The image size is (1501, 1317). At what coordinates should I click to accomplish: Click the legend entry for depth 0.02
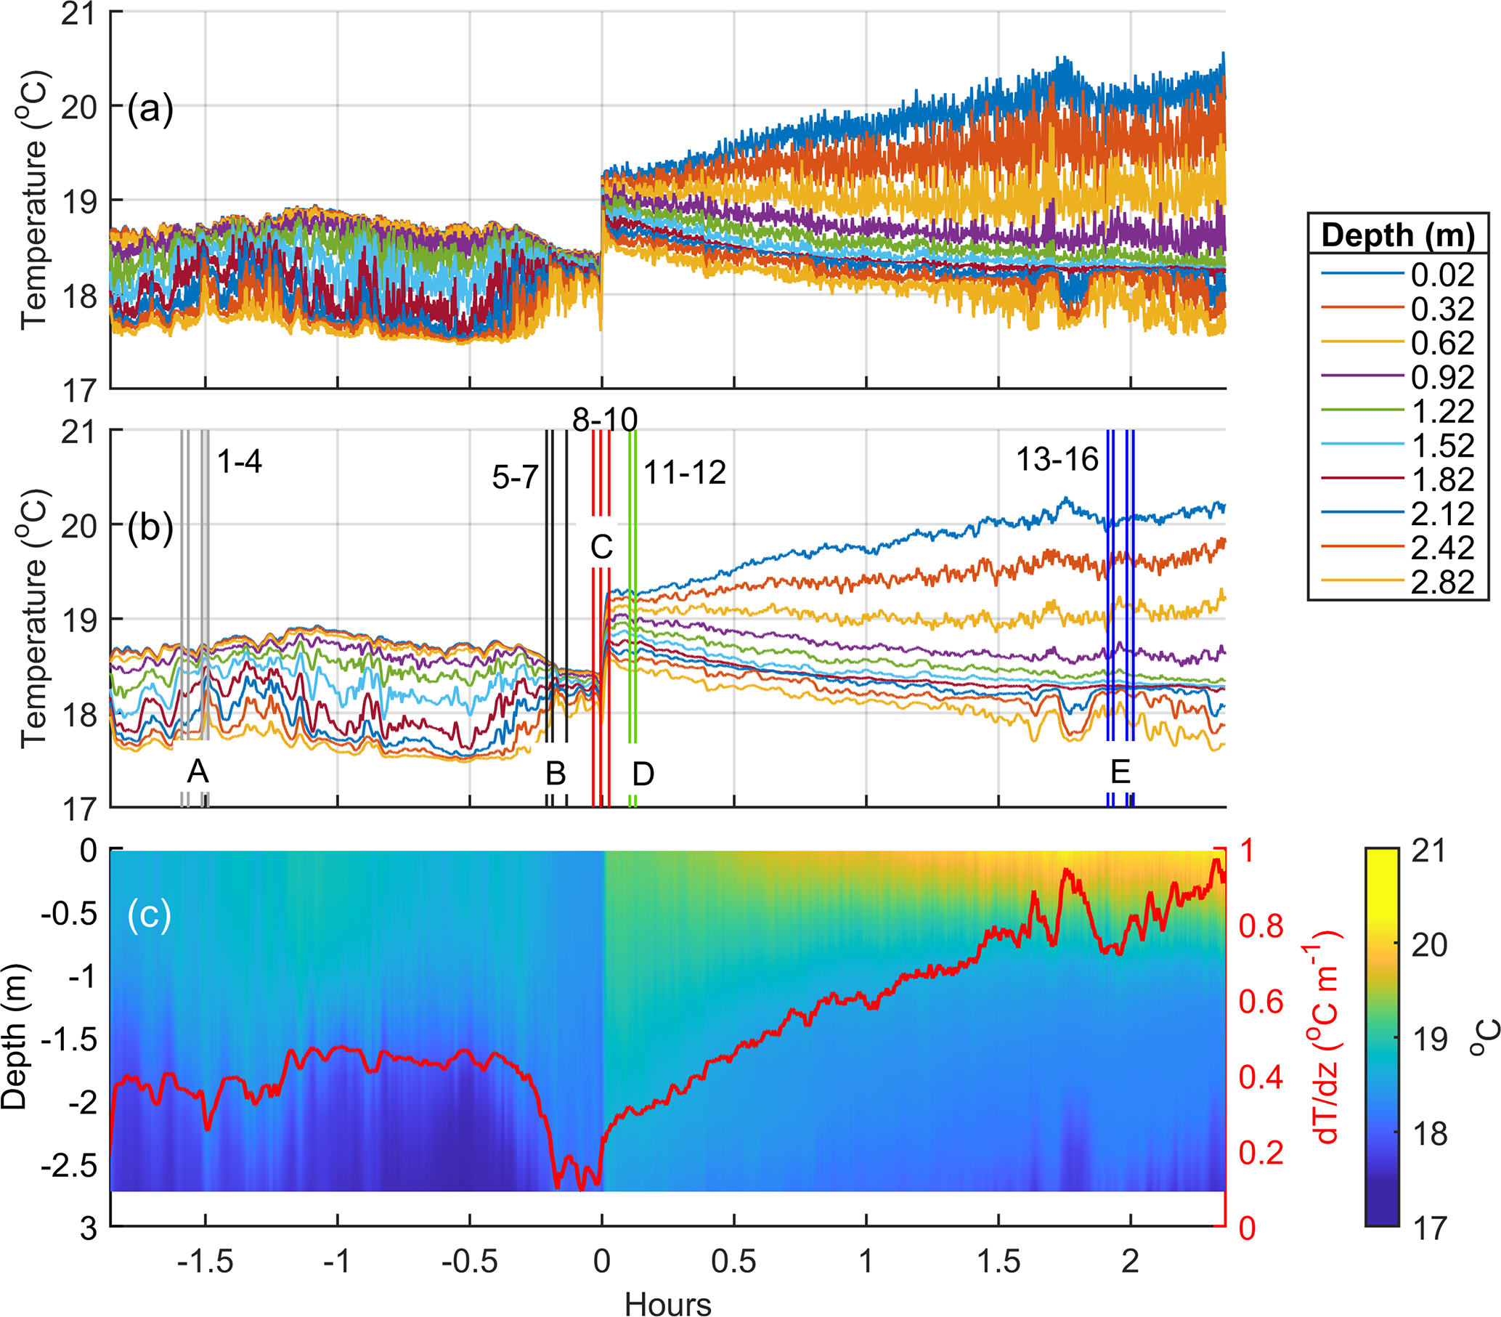click(1441, 274)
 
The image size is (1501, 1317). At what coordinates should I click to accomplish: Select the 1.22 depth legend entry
click(1441, 410)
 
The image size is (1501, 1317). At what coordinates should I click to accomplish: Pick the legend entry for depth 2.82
click(1441, 582)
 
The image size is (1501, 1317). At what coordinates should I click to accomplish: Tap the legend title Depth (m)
click(1397, 235)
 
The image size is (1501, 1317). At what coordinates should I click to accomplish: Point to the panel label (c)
click(149, 914)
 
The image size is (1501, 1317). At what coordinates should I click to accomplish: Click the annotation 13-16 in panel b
click(1057, 460)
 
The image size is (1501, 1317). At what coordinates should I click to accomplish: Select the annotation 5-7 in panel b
click(515, 478)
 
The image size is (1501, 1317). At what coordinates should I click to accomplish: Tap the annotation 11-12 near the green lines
click(684, 473)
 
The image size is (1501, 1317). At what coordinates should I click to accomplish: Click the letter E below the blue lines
click(1120, 772)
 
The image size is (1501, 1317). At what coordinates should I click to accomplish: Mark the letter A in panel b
click(198, 771)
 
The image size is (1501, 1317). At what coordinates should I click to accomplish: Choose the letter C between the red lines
click(601, 547)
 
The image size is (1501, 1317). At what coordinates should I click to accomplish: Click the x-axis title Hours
click(667, 1305)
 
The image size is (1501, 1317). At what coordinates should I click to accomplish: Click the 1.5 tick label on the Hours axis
click(998, 1261)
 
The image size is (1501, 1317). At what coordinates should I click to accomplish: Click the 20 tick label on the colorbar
click(1428, 944)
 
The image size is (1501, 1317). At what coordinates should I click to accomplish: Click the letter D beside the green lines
click(643, 774)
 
